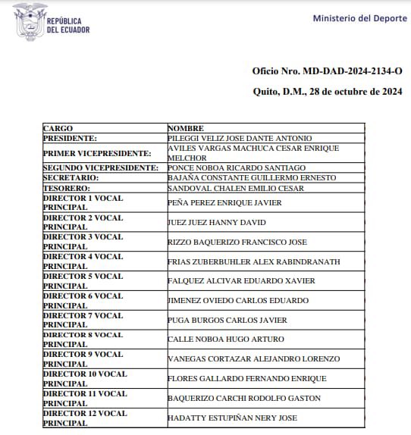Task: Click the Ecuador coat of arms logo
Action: (29, 21)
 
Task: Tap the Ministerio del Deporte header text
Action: (359, 18)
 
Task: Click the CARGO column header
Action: (58, 129)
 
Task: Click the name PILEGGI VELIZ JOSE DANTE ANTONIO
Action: (240, 139)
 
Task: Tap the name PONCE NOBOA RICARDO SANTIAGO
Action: (237, 167)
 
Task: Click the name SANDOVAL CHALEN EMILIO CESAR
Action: (236, 187)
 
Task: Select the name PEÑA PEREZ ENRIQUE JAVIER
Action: (224, 203)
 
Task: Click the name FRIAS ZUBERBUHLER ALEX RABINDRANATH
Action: (254, 262)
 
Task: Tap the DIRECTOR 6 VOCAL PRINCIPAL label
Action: (83, 301)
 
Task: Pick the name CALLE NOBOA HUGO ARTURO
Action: (226, 340)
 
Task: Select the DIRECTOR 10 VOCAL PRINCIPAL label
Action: (85, 378)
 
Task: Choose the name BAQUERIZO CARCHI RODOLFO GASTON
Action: (244, 399)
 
